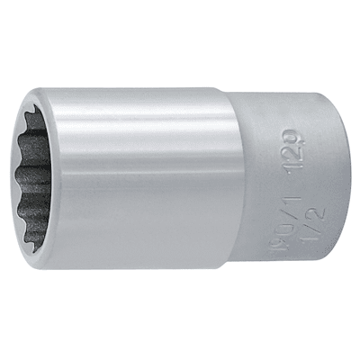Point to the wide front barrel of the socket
(135, 180)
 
